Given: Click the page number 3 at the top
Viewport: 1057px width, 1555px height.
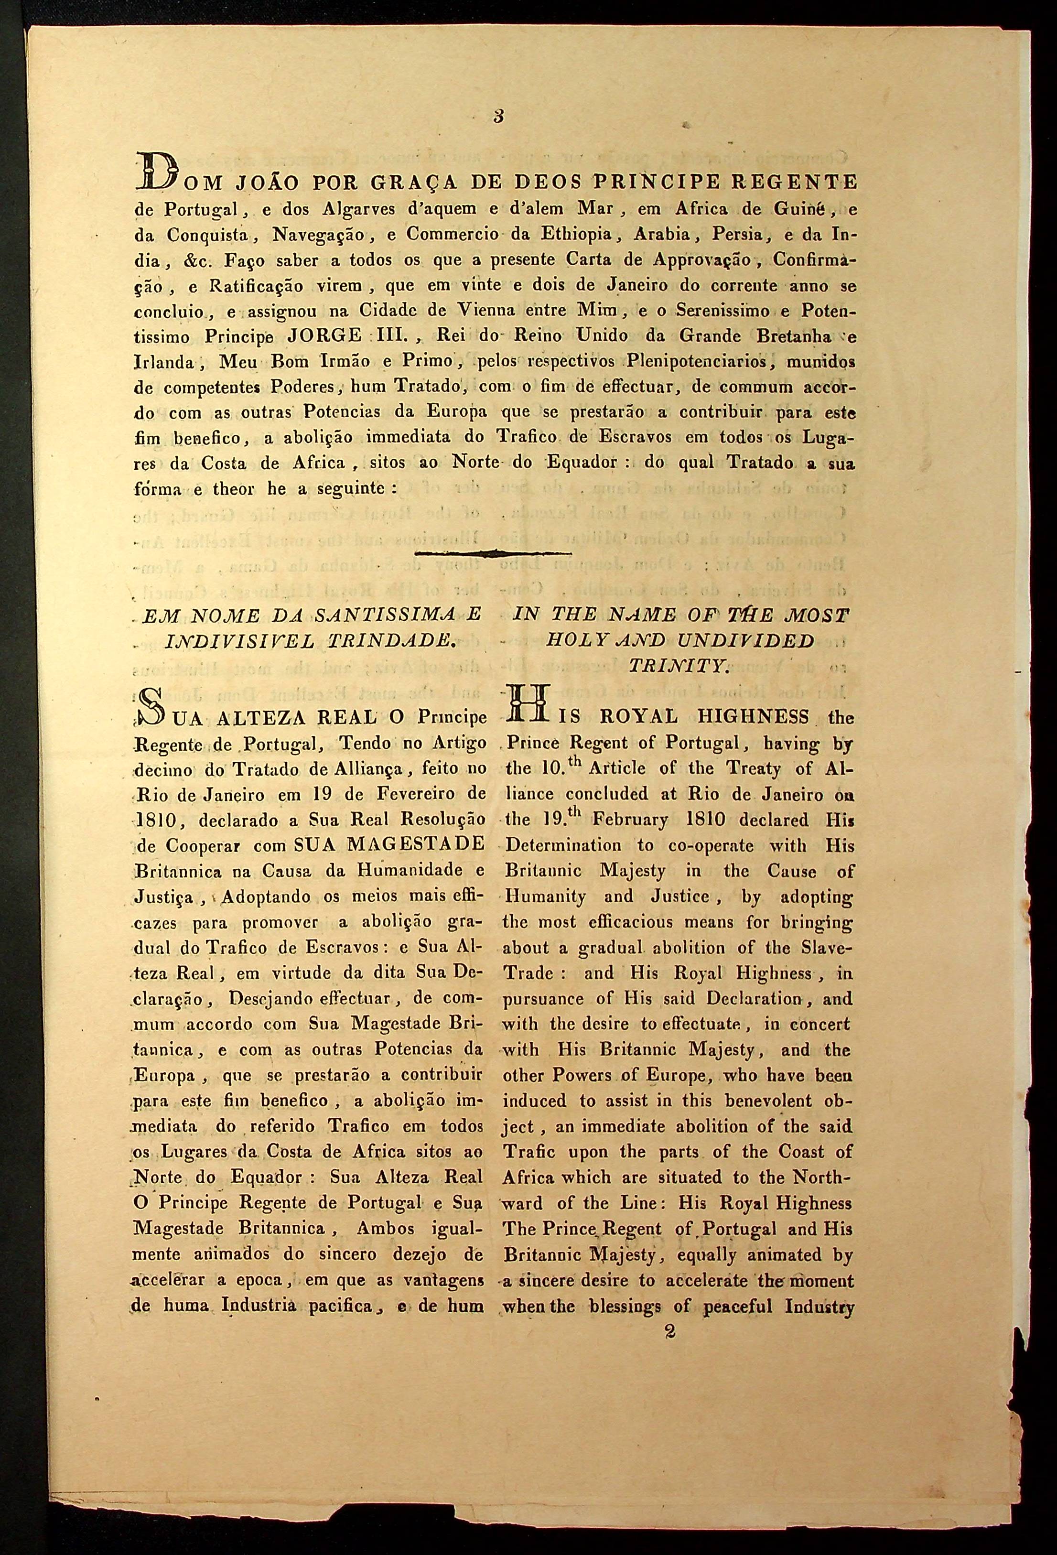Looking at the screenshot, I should (498, 117).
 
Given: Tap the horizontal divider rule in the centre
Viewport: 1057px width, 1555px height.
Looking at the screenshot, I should (494, 553).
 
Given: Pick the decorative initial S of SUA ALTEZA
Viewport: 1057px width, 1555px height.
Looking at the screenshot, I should (149, 712).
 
